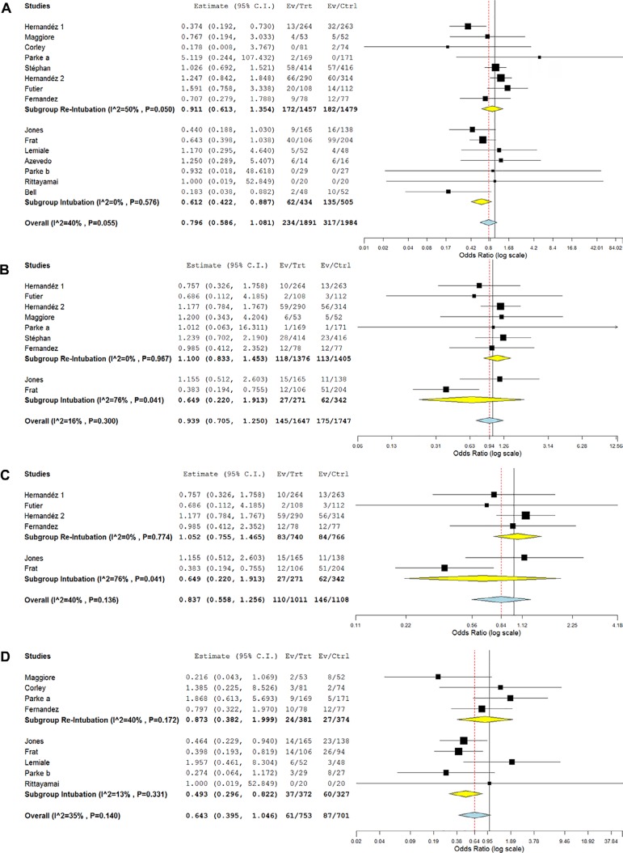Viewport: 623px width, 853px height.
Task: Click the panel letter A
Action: [x=6, y=7]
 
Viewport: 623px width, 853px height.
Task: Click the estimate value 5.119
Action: [x=191, y=57]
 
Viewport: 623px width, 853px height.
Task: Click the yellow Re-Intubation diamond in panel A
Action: [x=488, y=109]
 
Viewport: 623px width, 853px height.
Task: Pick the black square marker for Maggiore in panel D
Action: [x=438, y=654]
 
